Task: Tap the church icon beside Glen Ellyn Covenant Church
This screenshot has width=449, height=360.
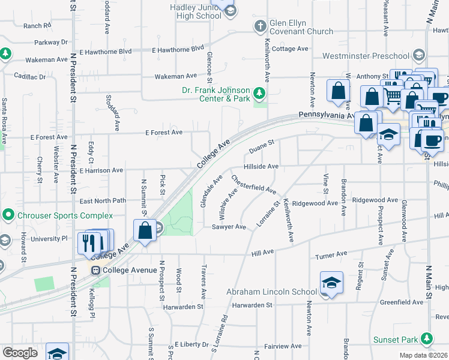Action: click(259, 26)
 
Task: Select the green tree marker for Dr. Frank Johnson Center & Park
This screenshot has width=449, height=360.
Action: click(259, 93)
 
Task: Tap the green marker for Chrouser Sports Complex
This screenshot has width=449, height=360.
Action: click(8, 214)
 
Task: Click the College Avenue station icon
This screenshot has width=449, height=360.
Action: click(95, 271)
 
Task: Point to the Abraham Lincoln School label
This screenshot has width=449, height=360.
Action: click(271, 292)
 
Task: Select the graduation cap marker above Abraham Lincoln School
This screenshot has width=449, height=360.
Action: click(331, 283)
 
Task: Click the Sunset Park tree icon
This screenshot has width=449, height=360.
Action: click(427, 338)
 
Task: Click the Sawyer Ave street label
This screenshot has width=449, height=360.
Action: click(229, 227)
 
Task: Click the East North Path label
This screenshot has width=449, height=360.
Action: click(103, 201)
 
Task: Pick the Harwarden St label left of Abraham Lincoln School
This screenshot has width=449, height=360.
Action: click(189, 306)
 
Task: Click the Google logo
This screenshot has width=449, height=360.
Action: click(20, 353)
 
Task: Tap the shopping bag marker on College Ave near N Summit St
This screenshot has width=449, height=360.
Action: click(145, 230)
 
